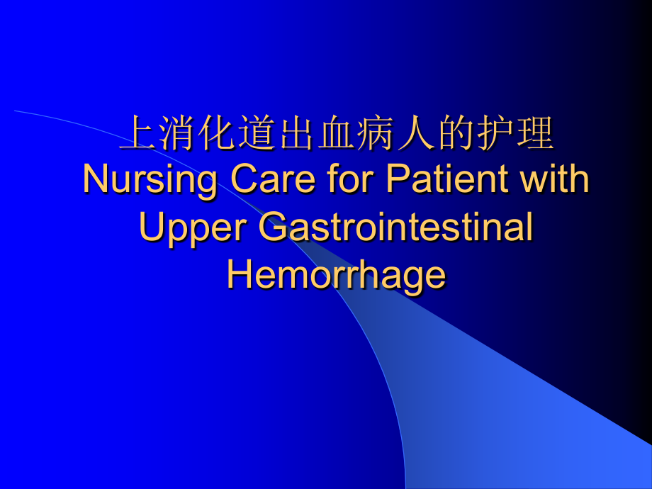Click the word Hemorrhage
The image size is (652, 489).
tap(336, 275)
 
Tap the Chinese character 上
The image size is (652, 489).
tap(137, 133)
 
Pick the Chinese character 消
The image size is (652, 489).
tap(177, 133)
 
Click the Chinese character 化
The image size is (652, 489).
tap(217, 133)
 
